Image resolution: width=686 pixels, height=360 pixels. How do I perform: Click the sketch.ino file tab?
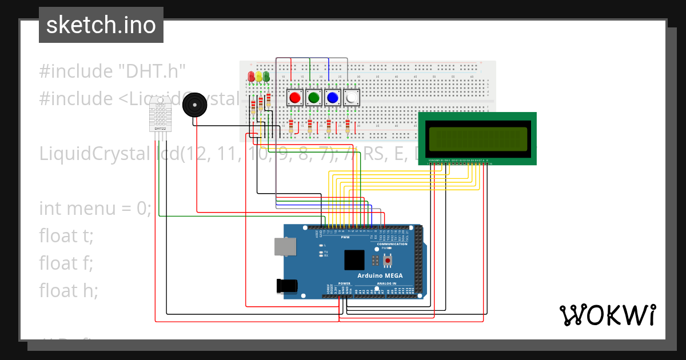(x=101, y=25)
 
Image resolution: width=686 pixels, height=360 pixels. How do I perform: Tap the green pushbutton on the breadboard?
(x=313, y=98)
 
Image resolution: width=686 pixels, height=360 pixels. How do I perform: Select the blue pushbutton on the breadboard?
(x=332, y=98)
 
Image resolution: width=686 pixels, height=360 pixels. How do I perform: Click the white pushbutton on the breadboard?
(x=351, y=98)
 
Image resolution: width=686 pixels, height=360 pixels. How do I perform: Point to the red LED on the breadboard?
(x=251, y=76)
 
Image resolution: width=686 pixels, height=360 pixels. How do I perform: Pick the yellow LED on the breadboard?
(x=258, y=76)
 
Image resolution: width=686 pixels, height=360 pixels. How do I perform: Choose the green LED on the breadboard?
(x=266, y=76)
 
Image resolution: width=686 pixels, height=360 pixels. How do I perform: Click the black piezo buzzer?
(x=194, y=105)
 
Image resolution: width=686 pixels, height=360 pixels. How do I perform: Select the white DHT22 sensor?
(x=160, y=115)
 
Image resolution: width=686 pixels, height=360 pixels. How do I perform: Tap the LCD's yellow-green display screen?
(x=477, y=138)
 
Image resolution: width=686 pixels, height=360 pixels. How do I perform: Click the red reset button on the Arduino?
(x=388, y=261)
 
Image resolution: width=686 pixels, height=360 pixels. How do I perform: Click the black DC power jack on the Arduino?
(x=287, y=286)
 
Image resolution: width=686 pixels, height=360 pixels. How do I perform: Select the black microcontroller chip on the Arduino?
(x=354, y=260)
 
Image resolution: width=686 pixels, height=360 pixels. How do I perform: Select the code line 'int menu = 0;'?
(x=95, y=208)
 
